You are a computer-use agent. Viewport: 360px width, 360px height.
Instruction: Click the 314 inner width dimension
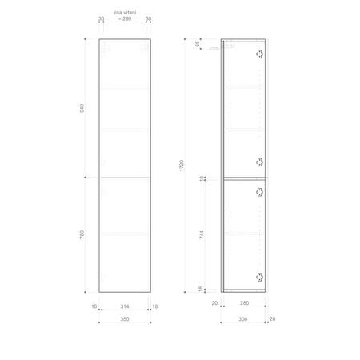(x=124, y=306)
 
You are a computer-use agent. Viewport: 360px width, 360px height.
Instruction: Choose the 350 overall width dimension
(x=124, y=318)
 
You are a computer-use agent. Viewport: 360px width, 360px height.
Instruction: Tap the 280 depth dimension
(x=244, y=303)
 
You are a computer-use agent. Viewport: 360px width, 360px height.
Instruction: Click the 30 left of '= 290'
(x=102, y=18)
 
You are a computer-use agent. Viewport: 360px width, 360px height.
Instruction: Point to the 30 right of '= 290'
(x=148, y=18)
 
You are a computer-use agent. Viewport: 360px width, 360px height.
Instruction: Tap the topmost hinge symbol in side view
(x=258, y=54)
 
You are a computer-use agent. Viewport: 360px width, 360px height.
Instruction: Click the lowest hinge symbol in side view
(x=258, y=277)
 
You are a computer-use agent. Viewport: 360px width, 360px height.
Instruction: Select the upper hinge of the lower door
(x=258, y=190)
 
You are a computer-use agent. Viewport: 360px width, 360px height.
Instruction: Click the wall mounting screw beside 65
(x=214, y=49)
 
